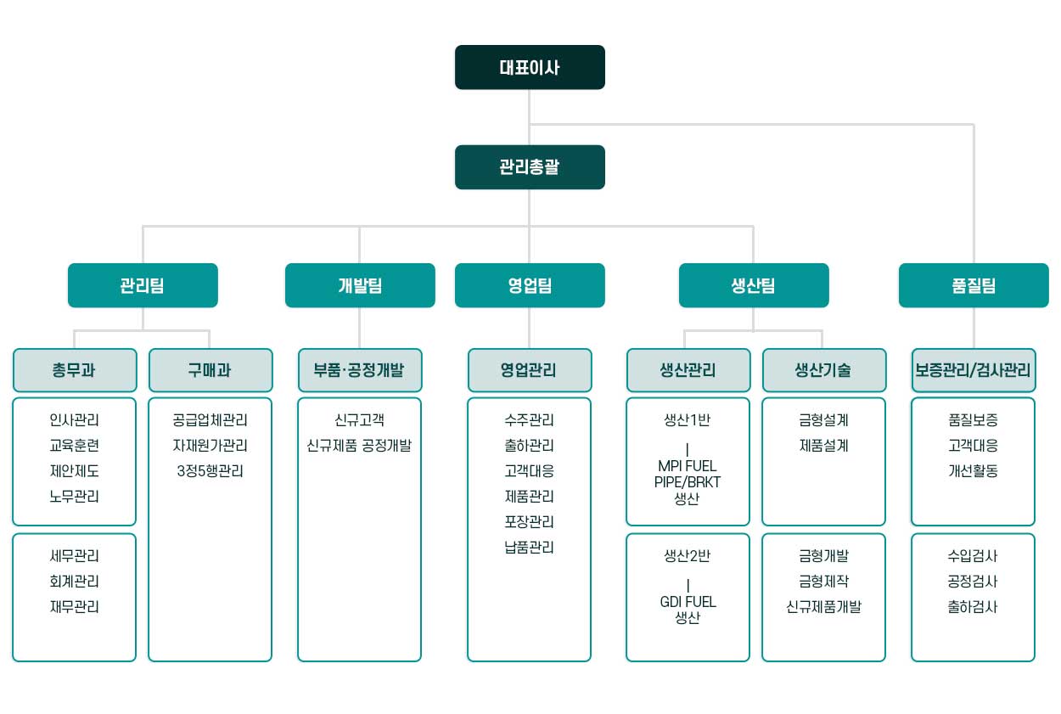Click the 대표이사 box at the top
[530, 67]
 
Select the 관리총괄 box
[530, 167]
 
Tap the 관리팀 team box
[143, 285]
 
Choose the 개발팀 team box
[360, 285]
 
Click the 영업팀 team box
[530, 285]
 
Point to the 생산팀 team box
[754, 285]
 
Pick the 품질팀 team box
[974, 285]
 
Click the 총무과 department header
[75, 370]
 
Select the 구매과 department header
[211, 370]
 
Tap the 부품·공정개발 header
[360, 370]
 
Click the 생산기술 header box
[823, 370]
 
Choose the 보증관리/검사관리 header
[974, 370]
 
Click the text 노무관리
[75, 496]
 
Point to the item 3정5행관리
[210, 470]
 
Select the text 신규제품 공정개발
[359, 446]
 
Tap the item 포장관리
[529, 521]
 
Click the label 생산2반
[688, 555]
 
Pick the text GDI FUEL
[688, 602]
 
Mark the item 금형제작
[823, 581]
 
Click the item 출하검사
[973, 606]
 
